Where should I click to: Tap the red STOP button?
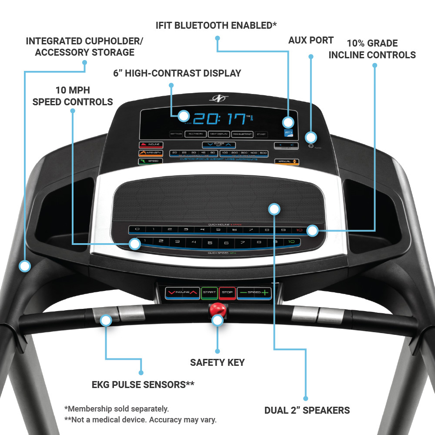pyautogui.click(x=227, y=292)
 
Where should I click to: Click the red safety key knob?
pyautogui.click(x=217, y=310)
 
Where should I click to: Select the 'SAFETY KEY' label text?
pyautogui.click(x=217, y=362)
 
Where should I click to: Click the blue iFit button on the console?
pyautogui.click(x=288, y=132)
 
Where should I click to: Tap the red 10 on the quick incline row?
pyautogui.click(x=299, y=230)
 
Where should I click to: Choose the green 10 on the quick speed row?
pyautogui.click(x=291, y=242)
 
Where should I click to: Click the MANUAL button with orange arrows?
pyautogui.click(x=287, y=162)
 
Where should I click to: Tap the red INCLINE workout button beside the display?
pyautogui.click(x=151, y=145)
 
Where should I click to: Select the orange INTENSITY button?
pyautogui.click(x=151, y=153)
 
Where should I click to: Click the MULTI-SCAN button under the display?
pyautogui.click(x=195, y=134)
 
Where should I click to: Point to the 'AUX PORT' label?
pyautogui.click(x=311, y=40)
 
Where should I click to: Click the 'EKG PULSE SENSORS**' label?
pyautogui.click(x=143, y=385)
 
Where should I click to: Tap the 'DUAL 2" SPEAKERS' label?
pyautogui.click(x=307, y=410)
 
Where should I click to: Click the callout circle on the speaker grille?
pyautogui.click(x=274, y=209)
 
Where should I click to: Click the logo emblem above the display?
pyautogui.click(x=217, y=98)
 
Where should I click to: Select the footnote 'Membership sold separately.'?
pyautogui.click(x=116, y=409)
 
